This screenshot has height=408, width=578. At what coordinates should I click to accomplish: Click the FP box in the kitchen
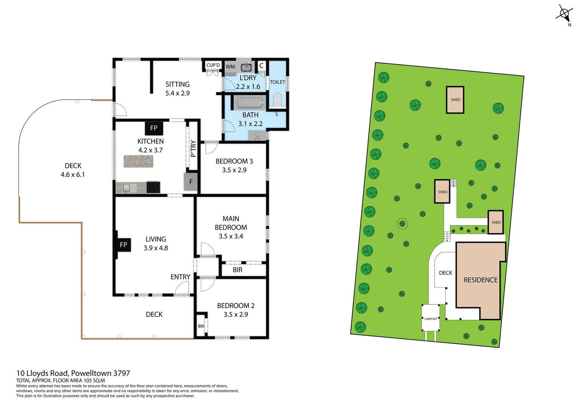click(154, 128)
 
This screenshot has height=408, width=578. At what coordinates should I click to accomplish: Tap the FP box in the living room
click(123, 245)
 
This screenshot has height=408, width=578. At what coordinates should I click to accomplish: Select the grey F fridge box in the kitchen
click(191, 182)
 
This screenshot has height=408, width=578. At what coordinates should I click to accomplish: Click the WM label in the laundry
click(230, 67)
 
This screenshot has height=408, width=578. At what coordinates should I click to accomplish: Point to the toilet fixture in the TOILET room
click(277, 100)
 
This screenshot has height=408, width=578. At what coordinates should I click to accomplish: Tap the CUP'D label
click(213, 65)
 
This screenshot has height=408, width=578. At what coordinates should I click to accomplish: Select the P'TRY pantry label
click(193, 148)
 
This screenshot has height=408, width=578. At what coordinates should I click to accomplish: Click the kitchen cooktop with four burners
click(153, 187)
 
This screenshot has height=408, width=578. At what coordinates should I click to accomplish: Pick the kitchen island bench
click(138, 161)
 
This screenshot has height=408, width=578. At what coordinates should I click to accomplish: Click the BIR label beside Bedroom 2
click(201, 326)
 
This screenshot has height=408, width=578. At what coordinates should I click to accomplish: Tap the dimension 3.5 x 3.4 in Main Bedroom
click(231, 236)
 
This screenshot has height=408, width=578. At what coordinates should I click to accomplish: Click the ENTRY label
click(180, 277)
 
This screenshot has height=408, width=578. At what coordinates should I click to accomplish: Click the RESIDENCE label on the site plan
click(480, 280)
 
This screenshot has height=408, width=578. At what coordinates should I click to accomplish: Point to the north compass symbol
click(564, 14)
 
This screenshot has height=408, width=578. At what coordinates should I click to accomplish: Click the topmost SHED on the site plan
click(455, 100)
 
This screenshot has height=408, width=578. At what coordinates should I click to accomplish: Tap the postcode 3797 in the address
click(121, 373)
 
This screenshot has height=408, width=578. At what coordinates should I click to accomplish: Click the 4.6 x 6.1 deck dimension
click(73, 175)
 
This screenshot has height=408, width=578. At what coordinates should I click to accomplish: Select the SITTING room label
click(177, 84)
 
